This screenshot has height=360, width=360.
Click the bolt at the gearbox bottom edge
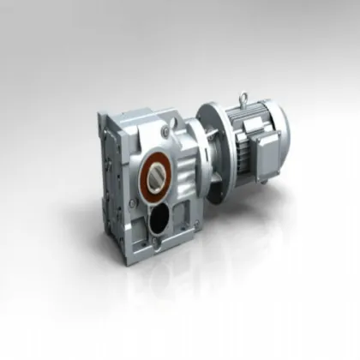[157, 249]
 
